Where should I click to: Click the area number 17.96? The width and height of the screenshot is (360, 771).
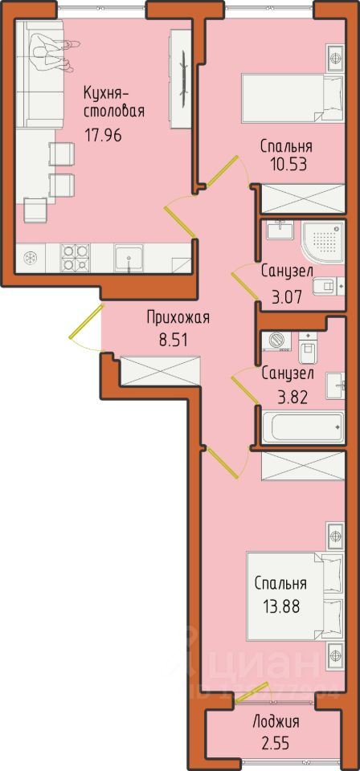click(102, 134)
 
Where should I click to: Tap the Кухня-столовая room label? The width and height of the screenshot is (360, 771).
click(113, 101)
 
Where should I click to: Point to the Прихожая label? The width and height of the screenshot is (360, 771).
click(178, 319)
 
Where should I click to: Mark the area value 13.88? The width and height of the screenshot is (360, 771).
click(280, 604)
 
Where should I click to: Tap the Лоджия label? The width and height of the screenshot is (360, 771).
click(276, 722)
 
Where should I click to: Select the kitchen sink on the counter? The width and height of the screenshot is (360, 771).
click(129, 258)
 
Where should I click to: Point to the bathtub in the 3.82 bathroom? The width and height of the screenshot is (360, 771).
click(302, 426)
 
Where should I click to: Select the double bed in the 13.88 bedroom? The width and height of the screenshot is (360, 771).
click(295, 597)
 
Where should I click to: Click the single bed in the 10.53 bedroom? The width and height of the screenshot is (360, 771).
click(292, 98)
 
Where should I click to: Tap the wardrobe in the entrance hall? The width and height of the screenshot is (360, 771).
click(161, 370)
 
